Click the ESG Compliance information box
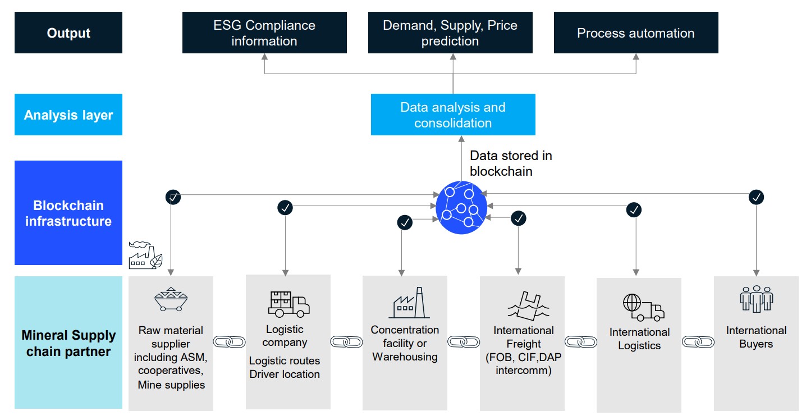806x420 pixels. click(264, 33)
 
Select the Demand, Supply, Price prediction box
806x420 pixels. click(450, 33)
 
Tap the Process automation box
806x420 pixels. click(635, 33)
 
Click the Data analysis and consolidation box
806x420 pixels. click(453, 115)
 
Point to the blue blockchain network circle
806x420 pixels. click(461, 208)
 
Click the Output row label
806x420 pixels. click(68, 33)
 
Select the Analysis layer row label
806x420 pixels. click(68, 115)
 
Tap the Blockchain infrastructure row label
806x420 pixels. click(68, 213)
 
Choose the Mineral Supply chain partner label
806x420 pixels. click(68, 343)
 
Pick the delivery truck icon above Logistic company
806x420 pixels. click(288, 304)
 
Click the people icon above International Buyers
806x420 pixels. click(756, 299)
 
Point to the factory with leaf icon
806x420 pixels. click(145, 255)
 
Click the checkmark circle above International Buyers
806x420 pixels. click(757, 197)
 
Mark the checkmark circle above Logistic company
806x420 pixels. click(285, 208)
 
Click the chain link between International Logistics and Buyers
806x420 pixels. click(698, 341)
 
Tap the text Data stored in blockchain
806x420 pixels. click(511, 163)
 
